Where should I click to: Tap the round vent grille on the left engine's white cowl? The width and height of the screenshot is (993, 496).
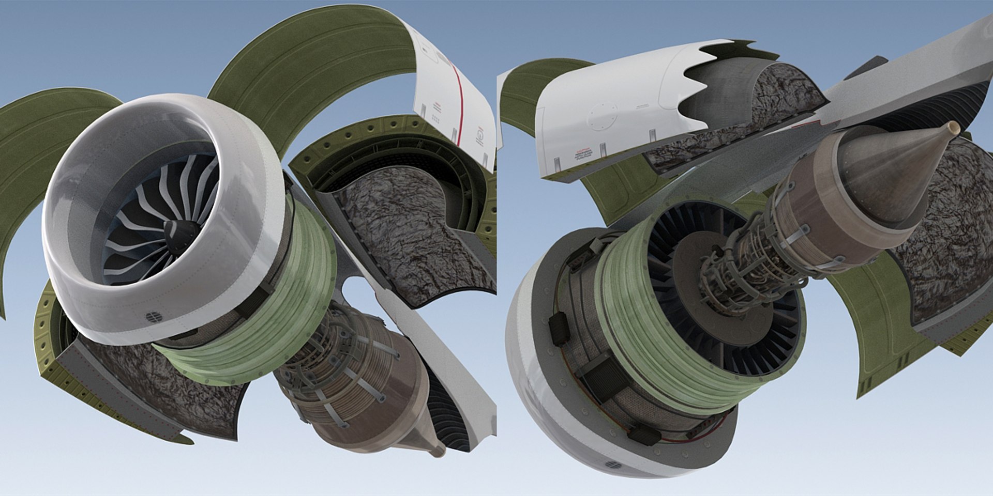point(152,317)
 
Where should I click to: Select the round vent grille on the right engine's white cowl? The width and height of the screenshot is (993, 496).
point(613,465)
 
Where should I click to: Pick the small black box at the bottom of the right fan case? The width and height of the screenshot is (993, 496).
point(644,434)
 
